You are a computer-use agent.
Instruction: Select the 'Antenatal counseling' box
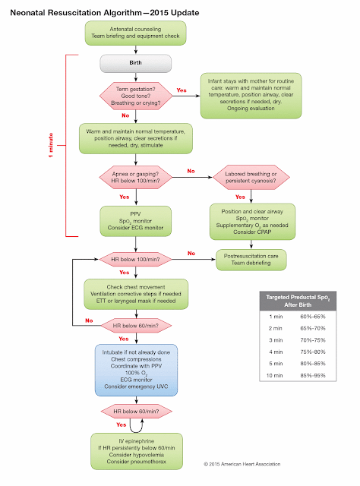(x=136, y=35)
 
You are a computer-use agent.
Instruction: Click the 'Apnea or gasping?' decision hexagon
(x=136, y=181)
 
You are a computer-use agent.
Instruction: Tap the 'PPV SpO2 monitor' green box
(x=136, y=220)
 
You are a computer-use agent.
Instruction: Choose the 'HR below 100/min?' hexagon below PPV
(x=136, y=260)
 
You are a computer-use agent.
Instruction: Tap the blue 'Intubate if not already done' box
(x=136, y=370)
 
